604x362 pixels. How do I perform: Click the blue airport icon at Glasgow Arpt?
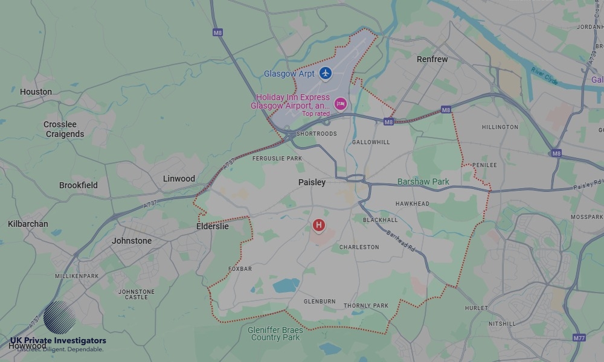click(x=326, y=73)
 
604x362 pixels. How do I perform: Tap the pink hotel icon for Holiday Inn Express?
click(x=340, y=104)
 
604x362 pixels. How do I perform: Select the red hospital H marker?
click(x=318, y=226)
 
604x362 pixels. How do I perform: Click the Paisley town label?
click(x=312, y=182)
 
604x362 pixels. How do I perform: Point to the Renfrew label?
click(x=432, y=60)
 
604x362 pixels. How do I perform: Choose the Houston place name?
click(x=36, y=92)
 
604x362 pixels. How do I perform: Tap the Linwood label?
click(x=179, y=179)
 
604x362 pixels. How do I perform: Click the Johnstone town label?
click(x=132, y=241)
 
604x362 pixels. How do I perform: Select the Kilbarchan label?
click(x=28, y=224)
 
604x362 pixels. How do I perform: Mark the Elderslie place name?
click(x=213, y=226)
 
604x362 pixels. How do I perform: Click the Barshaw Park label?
click(x=423, y=182)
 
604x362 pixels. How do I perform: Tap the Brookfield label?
click(x=78, y=185)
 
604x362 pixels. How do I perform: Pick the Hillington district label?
click(x=500, y=127)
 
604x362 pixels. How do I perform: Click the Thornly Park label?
click(x=366, y=306)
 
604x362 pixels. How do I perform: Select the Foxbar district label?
click(x=240, y=269)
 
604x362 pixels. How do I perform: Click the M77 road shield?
click(x=579, y=338)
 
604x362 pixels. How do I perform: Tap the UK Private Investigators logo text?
click(x=58, y=341)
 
